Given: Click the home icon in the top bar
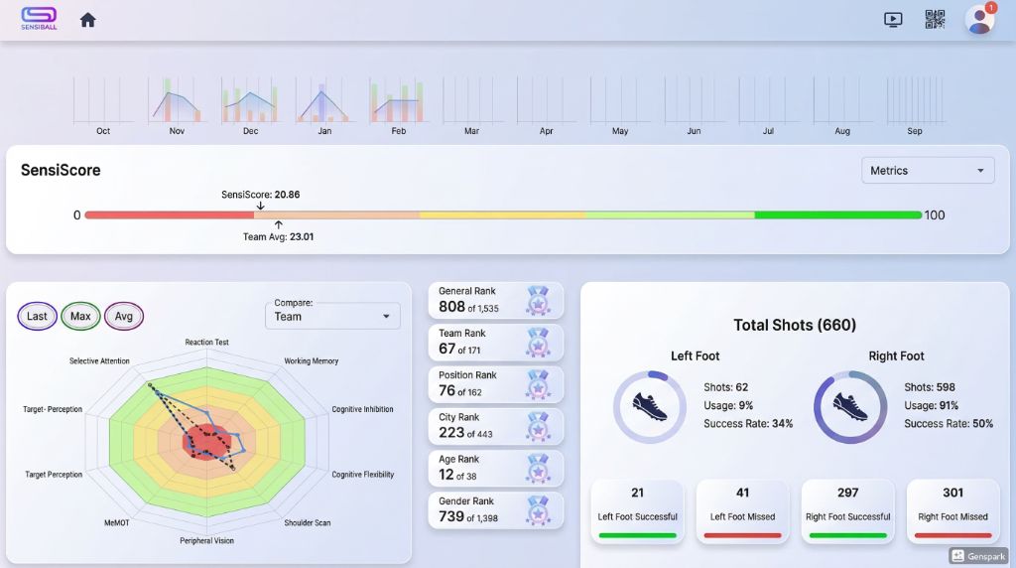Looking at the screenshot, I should click(x=88, y=20).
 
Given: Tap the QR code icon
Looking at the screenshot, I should click(x=935, y=20).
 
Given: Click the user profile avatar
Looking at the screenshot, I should click(x=979, y=20).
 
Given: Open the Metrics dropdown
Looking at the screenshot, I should click(x=928, y=171).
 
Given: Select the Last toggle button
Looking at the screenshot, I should click(x=37, y=317).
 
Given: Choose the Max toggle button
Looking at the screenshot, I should click(x=80, y=317).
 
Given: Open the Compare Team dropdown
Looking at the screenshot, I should click(x=332, y=317).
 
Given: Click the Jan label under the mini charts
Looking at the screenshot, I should click(x=324, y=131).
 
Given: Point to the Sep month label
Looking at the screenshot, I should click(x=914, y=131).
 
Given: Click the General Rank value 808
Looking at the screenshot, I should click(x=451, y=308).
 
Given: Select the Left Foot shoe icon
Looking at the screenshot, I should click(x=649, y=406).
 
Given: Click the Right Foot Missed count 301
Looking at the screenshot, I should click(x=952, y=493).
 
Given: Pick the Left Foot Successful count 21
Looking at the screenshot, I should click(x=637, y=493).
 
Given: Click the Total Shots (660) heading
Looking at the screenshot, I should click(x=794, y=325).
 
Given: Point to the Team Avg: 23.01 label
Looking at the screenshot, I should click(x=278, y=237).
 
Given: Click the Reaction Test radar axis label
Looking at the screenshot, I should click(x=206, y=343).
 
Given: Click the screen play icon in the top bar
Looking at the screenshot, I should click(x=893, y=20).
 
